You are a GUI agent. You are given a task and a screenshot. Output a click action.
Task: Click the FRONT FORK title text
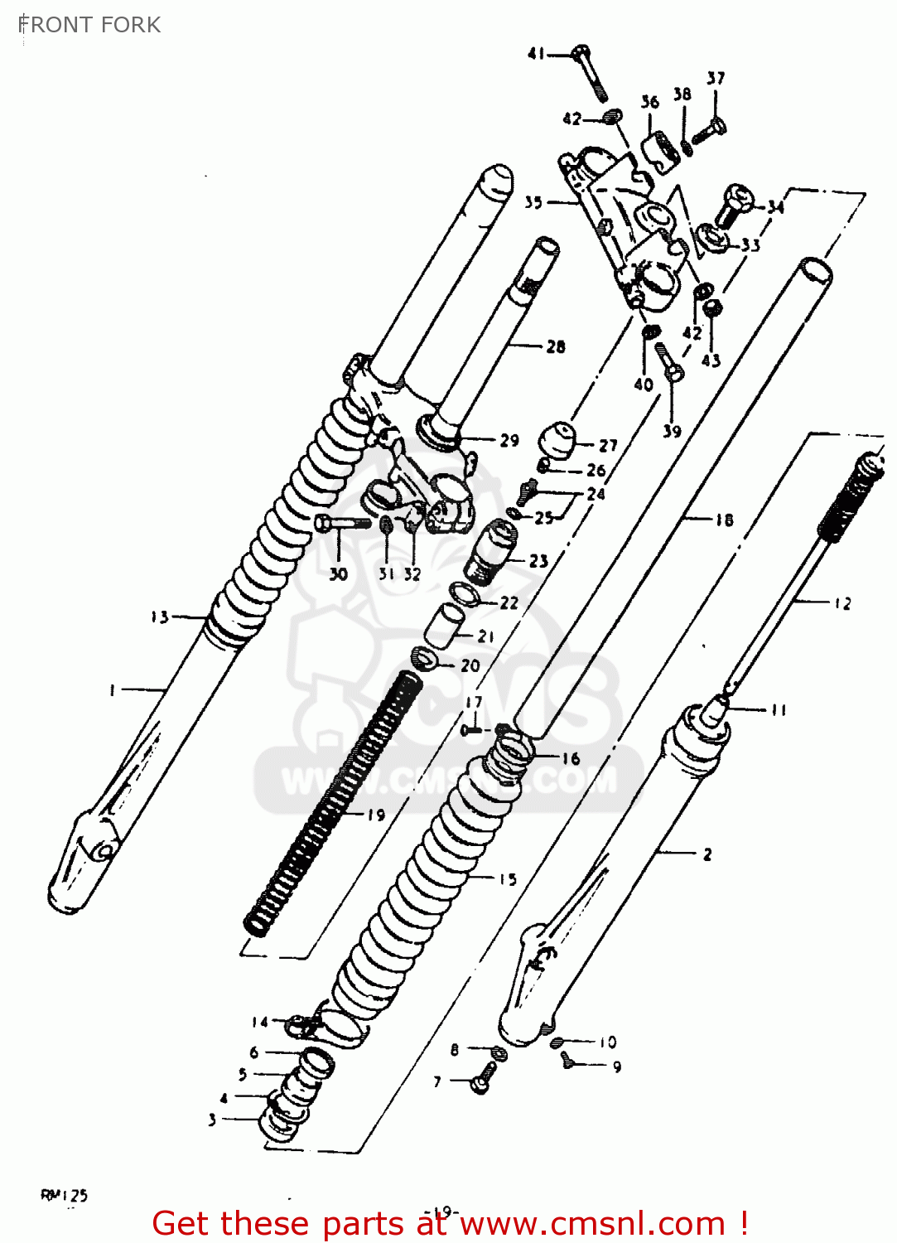(89, 25)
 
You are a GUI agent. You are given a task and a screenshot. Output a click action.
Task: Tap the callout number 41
(536, 54)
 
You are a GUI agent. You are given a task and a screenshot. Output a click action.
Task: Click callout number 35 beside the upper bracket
(533, 202)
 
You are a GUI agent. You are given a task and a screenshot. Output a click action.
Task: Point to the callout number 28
(556, 347)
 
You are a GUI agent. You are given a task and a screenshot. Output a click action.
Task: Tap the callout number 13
(159, 617)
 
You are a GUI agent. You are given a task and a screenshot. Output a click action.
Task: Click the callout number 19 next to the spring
(376, 815)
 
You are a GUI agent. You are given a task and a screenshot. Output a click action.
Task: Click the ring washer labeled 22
(465, 594)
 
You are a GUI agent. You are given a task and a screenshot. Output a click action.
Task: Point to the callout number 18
(724, 520)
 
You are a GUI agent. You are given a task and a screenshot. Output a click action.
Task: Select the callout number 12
(842, 603)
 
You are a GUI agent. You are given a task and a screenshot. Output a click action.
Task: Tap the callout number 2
(707, 854)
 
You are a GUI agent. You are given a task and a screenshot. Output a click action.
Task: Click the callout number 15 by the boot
(507, 879)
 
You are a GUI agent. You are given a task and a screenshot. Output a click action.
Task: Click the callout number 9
(617, 1066)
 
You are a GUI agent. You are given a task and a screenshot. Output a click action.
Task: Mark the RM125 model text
(64, 1195)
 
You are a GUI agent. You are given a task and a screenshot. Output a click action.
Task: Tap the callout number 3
(212, 1120)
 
